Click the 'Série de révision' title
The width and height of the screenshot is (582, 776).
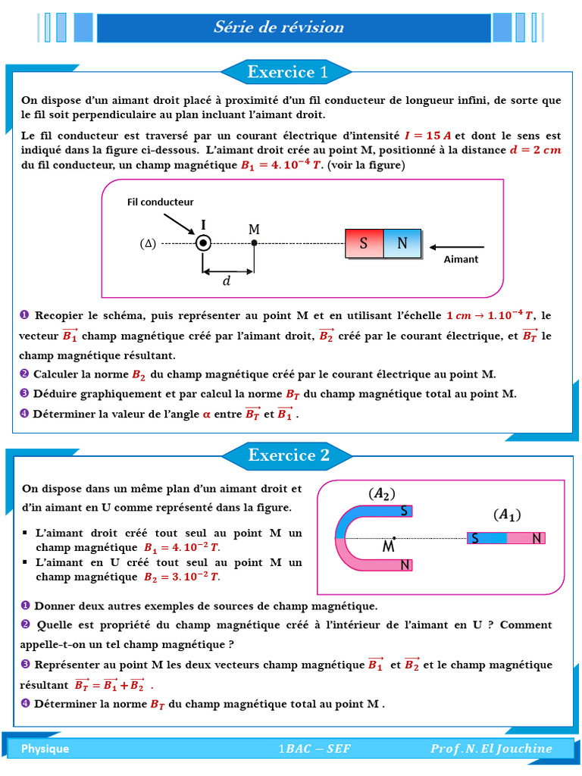[x=279, y=27]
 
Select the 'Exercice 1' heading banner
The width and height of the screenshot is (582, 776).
[x=287, y=72]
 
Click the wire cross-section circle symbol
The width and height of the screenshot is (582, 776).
[x=203, y=242]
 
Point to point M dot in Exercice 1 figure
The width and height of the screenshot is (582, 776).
[x=254, y=242]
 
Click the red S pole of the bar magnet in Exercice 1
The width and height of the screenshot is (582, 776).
[x=364, y=243]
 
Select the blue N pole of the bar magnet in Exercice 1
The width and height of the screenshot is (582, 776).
[x=402, y=243]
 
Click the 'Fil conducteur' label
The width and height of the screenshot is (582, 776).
[x=160, y=202]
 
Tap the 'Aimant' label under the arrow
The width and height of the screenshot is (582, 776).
[x=461, y=259]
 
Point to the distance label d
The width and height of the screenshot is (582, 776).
[x=226, y=282]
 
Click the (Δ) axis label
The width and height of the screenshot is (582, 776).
[x=148, y=243]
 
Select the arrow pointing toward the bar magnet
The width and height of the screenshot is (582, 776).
[x=456, y=246]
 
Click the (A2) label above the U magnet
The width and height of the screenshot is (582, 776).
[x=382, y=493]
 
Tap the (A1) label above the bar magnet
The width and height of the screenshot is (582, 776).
[x=507, y=515]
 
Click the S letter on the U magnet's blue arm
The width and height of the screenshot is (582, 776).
[x=404, y=511]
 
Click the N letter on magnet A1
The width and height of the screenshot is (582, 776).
[x=537, y=538]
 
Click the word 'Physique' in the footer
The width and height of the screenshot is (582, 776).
[x=45, y=749]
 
